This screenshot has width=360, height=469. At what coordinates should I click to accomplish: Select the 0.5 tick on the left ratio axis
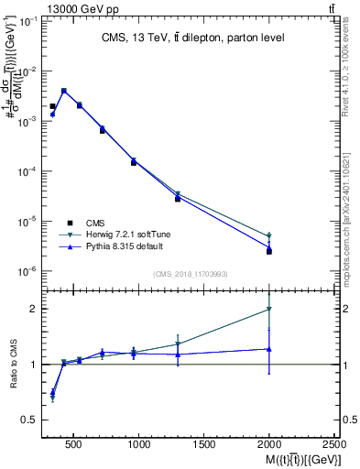(29, 420)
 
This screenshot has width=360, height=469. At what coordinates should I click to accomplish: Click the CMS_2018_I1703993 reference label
(191, 273)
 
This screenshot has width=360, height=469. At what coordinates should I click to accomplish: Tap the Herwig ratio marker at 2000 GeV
(269, 310)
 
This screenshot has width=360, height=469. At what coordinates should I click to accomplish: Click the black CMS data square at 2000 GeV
(269, 251)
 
